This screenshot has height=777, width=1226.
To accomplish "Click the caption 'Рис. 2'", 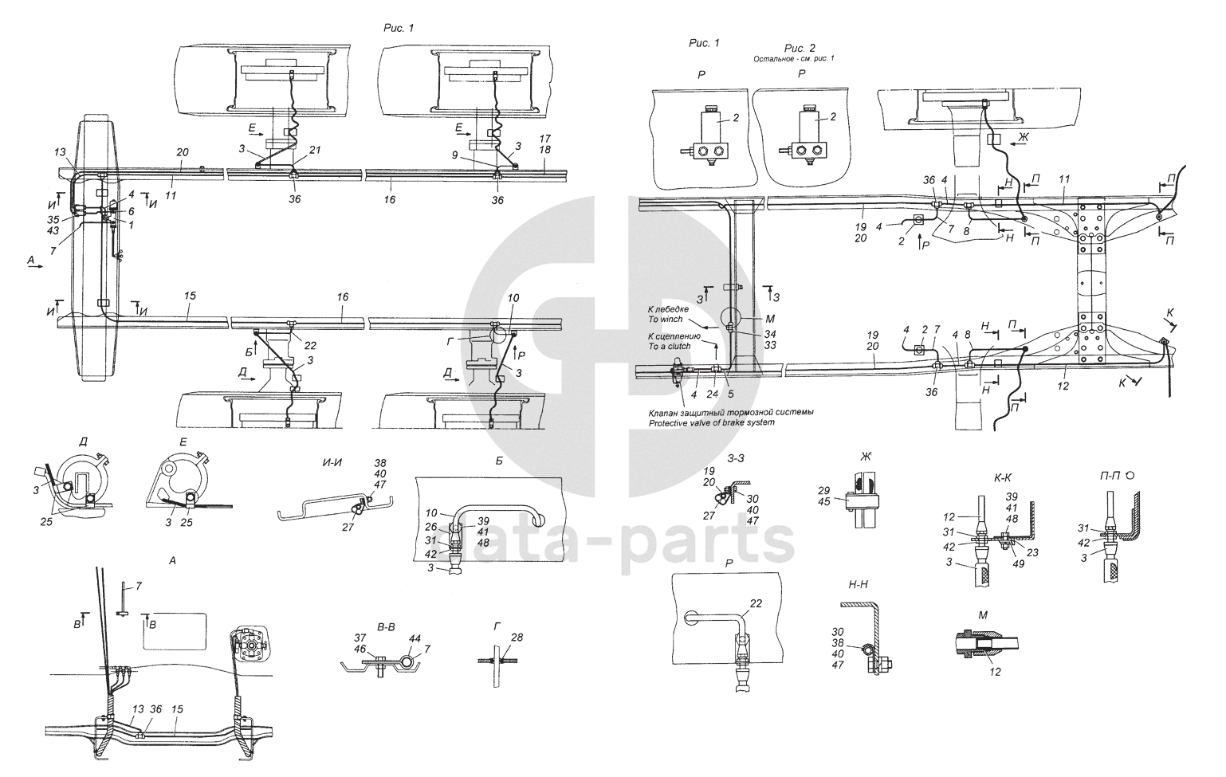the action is [x=800, y=48].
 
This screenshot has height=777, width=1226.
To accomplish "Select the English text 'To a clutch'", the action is [x=670, y=347].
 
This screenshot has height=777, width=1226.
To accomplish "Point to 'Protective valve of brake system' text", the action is [x=711, y=423].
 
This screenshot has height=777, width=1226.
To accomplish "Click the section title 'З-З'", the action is [x=737, y=460].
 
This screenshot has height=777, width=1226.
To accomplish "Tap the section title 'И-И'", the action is [x=321, y=461].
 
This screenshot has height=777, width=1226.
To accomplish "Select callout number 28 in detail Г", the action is [x=517, y=638].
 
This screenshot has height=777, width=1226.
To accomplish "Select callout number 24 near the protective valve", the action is [x=712, y=392].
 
